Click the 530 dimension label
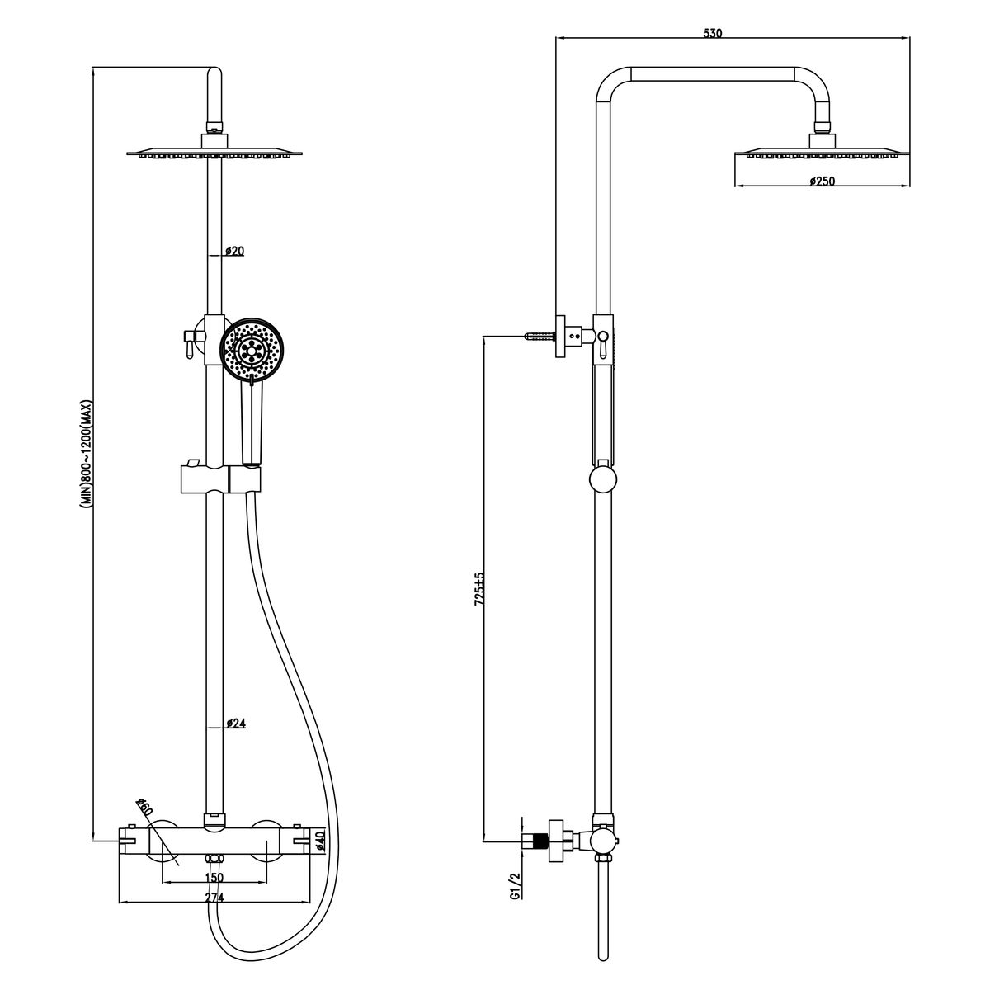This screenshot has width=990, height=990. click(713, 33)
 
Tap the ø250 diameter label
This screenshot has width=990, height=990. click(822, 181)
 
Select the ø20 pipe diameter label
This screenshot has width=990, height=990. click(235, 252)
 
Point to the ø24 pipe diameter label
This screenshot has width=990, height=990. click(236, 724)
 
